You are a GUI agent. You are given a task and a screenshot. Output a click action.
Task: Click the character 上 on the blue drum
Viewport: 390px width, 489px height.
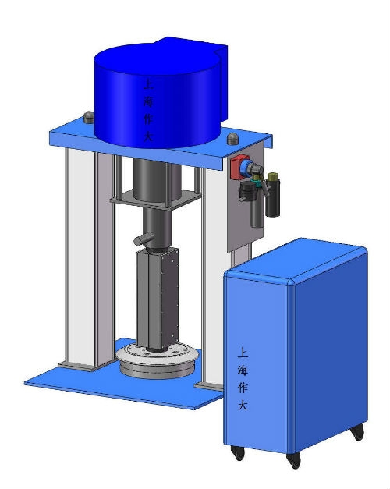148,84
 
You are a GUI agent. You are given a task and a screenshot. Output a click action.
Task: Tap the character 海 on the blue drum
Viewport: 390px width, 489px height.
148,101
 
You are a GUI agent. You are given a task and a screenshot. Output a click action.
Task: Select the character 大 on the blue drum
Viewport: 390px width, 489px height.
148,136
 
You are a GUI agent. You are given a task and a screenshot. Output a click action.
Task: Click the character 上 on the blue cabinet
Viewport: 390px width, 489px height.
243,353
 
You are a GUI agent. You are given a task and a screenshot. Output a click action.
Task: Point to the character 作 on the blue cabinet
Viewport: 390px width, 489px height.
243,388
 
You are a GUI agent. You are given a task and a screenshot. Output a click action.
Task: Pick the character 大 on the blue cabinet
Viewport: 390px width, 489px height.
243,405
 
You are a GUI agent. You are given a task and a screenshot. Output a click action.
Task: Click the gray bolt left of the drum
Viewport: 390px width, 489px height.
89,117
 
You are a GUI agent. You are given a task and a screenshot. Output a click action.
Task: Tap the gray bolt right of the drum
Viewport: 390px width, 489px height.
232,139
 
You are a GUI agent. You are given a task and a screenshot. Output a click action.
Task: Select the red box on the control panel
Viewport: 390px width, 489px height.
239,168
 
